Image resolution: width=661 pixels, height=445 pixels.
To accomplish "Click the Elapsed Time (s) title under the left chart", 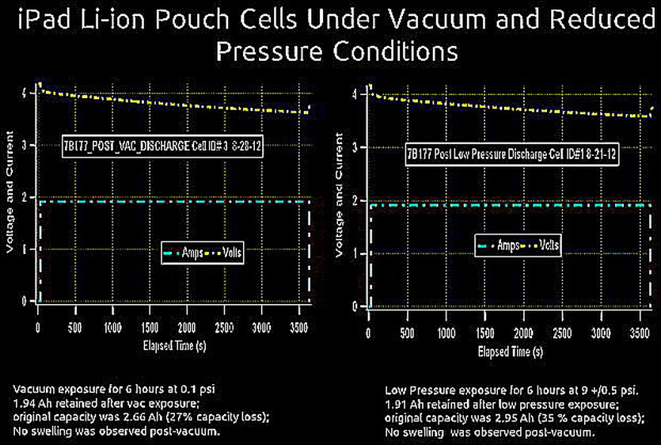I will [170, 345].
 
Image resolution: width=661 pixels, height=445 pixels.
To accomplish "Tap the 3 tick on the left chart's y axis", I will [28, 146].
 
